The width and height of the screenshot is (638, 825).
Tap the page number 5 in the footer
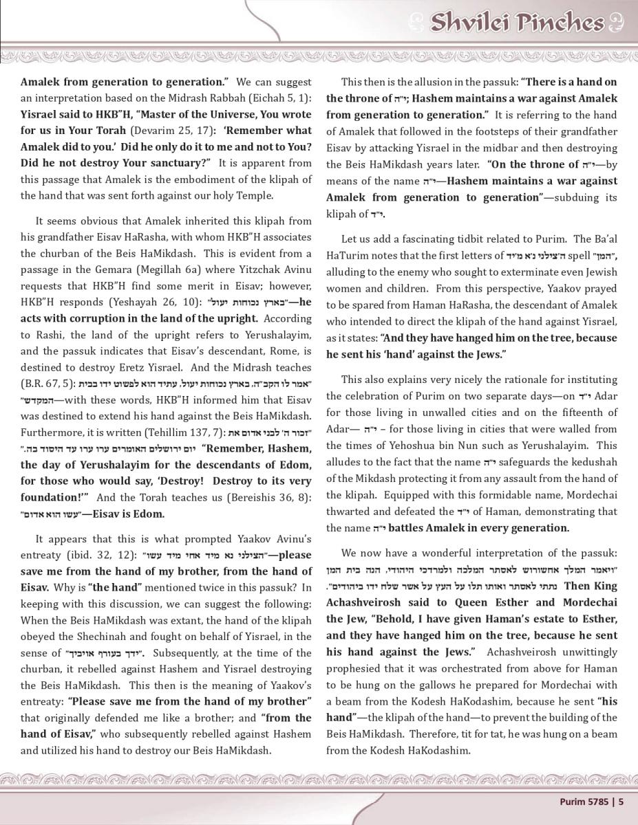point(621,800)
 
